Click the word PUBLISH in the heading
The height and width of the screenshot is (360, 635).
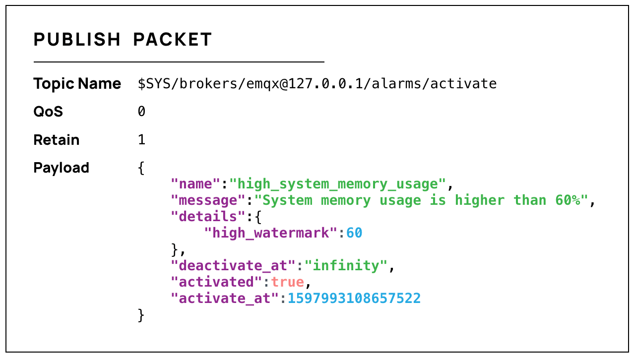click(77, 40)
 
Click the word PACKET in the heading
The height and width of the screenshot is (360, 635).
click(173, 40)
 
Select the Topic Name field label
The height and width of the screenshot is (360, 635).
click(77, 83)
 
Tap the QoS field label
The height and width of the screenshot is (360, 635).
click(48, 112)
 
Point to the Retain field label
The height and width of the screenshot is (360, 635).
click(56, 140)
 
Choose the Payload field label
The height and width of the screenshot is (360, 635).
click(61, 168)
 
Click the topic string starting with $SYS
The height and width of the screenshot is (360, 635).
click(317, 83)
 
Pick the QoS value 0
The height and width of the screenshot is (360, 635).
click(141, 112)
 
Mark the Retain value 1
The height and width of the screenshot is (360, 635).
click(141, 140)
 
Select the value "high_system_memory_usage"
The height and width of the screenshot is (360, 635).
click(337, 184)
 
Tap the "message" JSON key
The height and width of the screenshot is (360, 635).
click(208, 200)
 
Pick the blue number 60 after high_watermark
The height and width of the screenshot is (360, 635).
click(354, 233)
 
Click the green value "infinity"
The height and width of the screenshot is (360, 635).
click(346, 266)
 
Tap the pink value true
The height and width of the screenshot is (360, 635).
click(287, 282)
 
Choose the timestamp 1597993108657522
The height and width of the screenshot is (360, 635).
click(354, 299)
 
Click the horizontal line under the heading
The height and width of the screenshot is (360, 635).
click(179, 62)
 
